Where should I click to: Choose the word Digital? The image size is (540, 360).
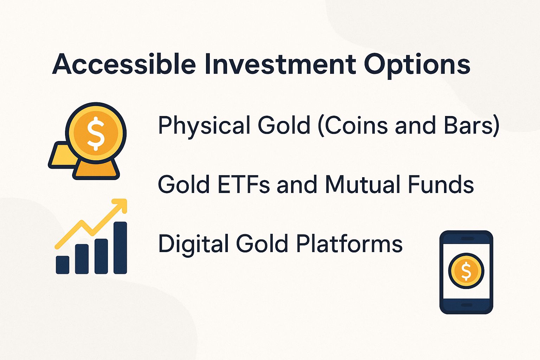click(193, 244)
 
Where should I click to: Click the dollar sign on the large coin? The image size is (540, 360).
click(96, 134)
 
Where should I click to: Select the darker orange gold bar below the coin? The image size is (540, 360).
click(96, 170)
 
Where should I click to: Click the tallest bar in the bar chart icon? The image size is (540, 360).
click(120, 247)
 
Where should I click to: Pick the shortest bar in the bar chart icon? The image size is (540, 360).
click(63, 264)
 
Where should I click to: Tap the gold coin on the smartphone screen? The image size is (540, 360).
click(466, 271)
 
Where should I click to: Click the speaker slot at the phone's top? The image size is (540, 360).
click(466, 239)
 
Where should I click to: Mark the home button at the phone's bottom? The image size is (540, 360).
click(466, 305)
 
